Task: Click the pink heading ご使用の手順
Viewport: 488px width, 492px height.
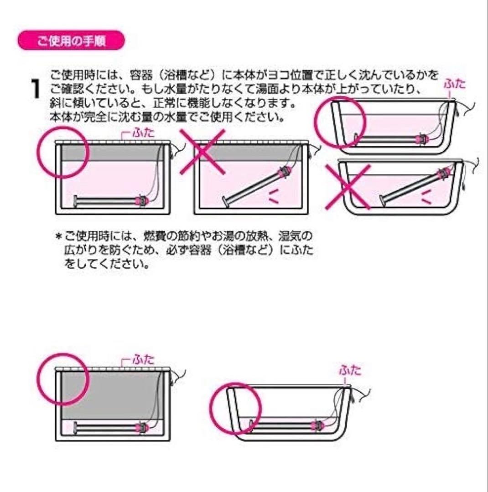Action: (71, 41)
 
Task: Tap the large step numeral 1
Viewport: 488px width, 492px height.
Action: (35, 89)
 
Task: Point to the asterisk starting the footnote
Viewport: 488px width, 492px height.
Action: (58, 236)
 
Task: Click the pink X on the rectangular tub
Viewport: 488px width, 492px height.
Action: (202, 152)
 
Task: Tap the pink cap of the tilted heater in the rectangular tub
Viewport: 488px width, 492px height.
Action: (284, 172)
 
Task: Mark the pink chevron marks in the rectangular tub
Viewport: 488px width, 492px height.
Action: (274, 196)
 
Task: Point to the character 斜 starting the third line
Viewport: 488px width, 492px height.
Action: (55, 103)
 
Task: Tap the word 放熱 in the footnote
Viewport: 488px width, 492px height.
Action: (255, 236)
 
